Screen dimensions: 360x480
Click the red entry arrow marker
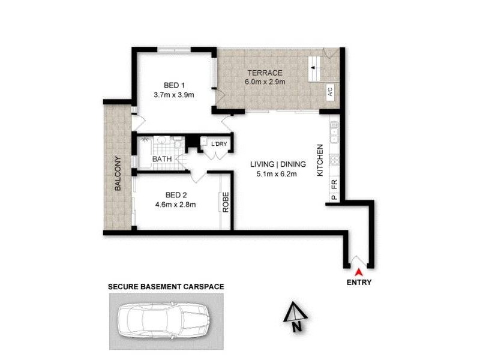[359, 273]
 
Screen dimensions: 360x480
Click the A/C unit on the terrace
[330, 92]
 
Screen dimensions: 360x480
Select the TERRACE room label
[264, 73]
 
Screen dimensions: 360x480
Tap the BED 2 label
[176, 195]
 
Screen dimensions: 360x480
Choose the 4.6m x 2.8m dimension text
[176, 205]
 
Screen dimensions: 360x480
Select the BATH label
[162, 159]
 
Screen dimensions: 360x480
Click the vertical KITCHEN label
[320, 160]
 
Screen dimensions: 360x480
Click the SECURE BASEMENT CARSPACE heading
[166, 287]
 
